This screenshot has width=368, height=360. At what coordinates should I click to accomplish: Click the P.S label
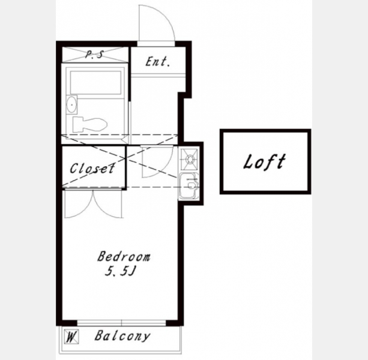point(94,55)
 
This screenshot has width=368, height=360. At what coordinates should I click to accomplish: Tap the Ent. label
point(157,62)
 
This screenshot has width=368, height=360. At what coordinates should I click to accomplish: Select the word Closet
point(92,168)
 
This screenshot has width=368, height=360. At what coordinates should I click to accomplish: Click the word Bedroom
point(124,256)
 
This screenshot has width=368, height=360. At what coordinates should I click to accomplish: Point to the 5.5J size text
point(120,271)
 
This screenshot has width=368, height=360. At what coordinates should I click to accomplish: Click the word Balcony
point(122,336)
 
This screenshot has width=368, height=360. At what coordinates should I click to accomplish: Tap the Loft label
point(265,161)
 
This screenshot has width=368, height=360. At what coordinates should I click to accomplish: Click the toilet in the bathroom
point(89,124)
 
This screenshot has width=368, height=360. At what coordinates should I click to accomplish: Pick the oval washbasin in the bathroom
point(71,104)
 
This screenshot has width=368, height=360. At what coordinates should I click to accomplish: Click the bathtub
point(95,82)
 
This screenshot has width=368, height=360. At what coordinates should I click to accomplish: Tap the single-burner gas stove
point(189,160)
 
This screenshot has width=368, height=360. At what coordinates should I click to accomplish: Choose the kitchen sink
point(189,186)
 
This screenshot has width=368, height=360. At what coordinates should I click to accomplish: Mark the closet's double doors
point(94,203)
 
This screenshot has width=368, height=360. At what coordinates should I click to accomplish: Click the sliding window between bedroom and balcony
point(122,323)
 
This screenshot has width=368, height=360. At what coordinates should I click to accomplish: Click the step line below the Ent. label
point(158,75)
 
